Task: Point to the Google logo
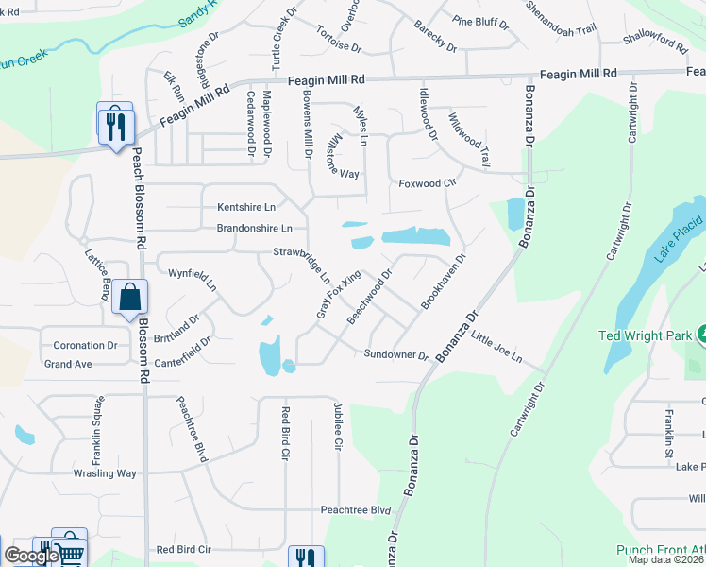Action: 31,556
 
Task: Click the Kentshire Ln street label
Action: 246,206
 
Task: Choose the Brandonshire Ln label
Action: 255,228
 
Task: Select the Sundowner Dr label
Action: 396,355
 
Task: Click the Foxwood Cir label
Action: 427,182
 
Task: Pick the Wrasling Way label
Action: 105,473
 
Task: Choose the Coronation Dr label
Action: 85,346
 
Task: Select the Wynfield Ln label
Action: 192,279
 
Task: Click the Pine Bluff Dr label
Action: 480,20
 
